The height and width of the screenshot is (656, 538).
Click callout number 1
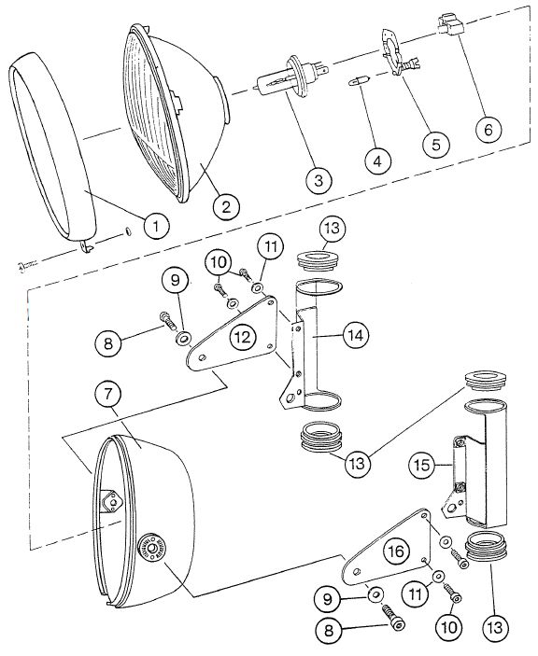click(157, 226)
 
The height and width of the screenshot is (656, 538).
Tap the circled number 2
click(226, 206)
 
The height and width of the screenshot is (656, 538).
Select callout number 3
click(319, 181)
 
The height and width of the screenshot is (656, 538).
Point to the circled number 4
click(377, 161)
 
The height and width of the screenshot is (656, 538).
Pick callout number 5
click(436, 144)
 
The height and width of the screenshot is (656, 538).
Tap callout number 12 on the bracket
click(243, 336)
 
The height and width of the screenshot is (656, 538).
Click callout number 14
click(356, 335)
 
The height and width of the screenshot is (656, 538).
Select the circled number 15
click(422, 465)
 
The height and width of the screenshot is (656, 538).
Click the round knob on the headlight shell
click(151, 548)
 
